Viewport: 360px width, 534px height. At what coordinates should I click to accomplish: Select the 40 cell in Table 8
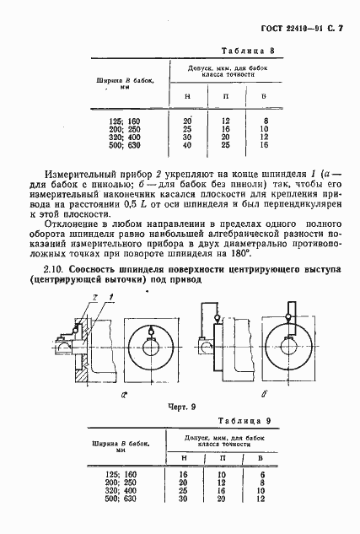(x=186, y=145)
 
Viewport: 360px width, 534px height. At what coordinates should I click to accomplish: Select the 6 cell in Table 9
(x=263, y=477)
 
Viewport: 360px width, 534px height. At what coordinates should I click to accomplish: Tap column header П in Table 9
(x=224, y=457)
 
